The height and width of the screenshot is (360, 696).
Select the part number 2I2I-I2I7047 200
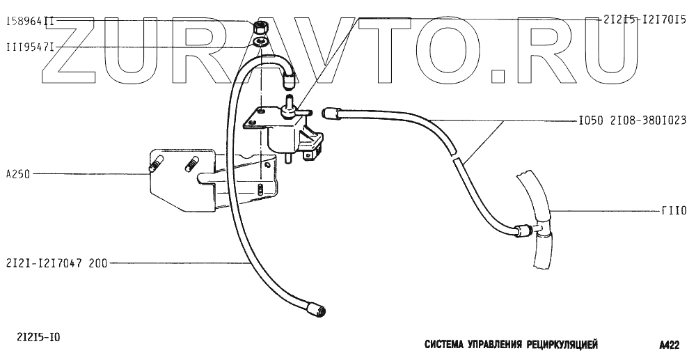click(x=55, y=263)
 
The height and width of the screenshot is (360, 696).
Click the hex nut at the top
click(x=262, y=27)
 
